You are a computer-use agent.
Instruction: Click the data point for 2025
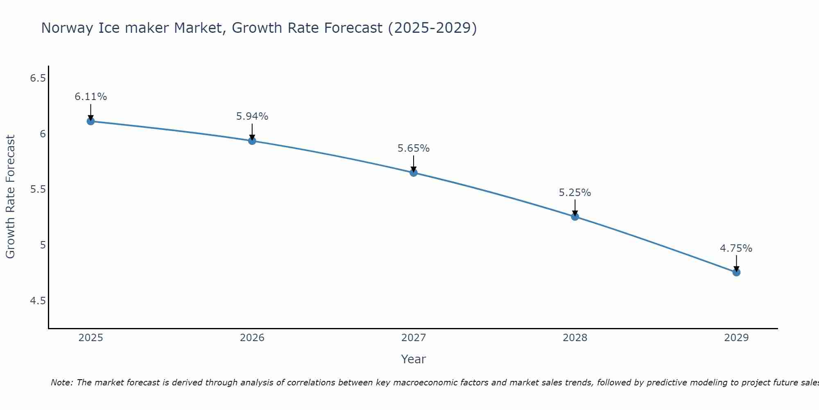[90, 121]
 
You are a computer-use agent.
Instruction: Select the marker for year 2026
[252, 141]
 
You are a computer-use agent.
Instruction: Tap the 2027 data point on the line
[414, 173]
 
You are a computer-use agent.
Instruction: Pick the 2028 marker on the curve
[575, 216]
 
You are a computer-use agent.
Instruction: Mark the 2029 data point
[736, 272]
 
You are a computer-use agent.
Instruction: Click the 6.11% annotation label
[90, 97]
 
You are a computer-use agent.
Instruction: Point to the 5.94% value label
[252, 116]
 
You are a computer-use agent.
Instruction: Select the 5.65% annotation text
[414, 148]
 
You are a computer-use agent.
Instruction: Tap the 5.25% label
[575, 193]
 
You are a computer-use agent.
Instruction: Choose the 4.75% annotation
[736, 248]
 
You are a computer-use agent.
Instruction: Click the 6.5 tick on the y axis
[38, 78]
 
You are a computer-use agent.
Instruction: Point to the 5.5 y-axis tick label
[38, 189]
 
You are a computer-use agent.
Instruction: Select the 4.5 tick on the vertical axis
[38, 301]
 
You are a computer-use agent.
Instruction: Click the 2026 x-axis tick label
[252, 338]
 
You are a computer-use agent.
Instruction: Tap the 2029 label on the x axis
[736, 338]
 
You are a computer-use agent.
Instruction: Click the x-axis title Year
[414, 359]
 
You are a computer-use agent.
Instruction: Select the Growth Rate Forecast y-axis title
[10, 197]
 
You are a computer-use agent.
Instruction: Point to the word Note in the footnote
[61, 383]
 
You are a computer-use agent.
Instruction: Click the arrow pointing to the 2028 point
[575, 207]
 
